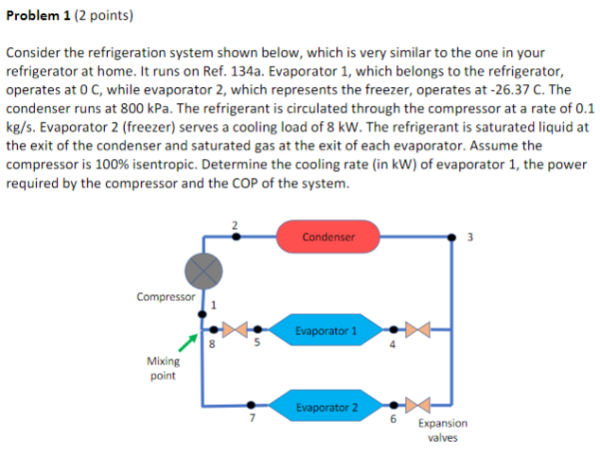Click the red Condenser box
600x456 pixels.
click(x=328, y=237)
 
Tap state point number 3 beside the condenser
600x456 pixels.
click(x=470, y=236)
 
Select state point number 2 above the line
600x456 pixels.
click(x=235, y=224)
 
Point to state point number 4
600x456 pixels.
click(x=393, y=345)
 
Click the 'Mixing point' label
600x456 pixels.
click(x=162, y=368)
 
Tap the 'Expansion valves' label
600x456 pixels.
click(x=441, y=430)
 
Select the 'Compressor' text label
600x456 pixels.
click(x=166, y=296)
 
